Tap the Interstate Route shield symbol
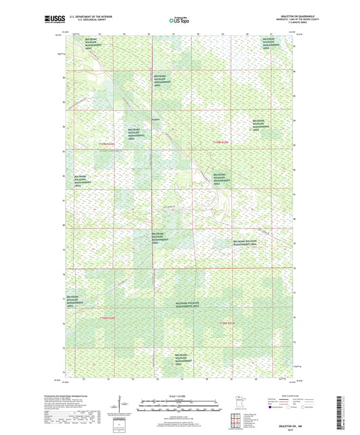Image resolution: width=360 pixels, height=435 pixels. pos(270,407)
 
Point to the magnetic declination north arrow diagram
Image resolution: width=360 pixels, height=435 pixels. pos(122,405)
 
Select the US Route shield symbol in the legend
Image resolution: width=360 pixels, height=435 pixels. pos(289,407)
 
